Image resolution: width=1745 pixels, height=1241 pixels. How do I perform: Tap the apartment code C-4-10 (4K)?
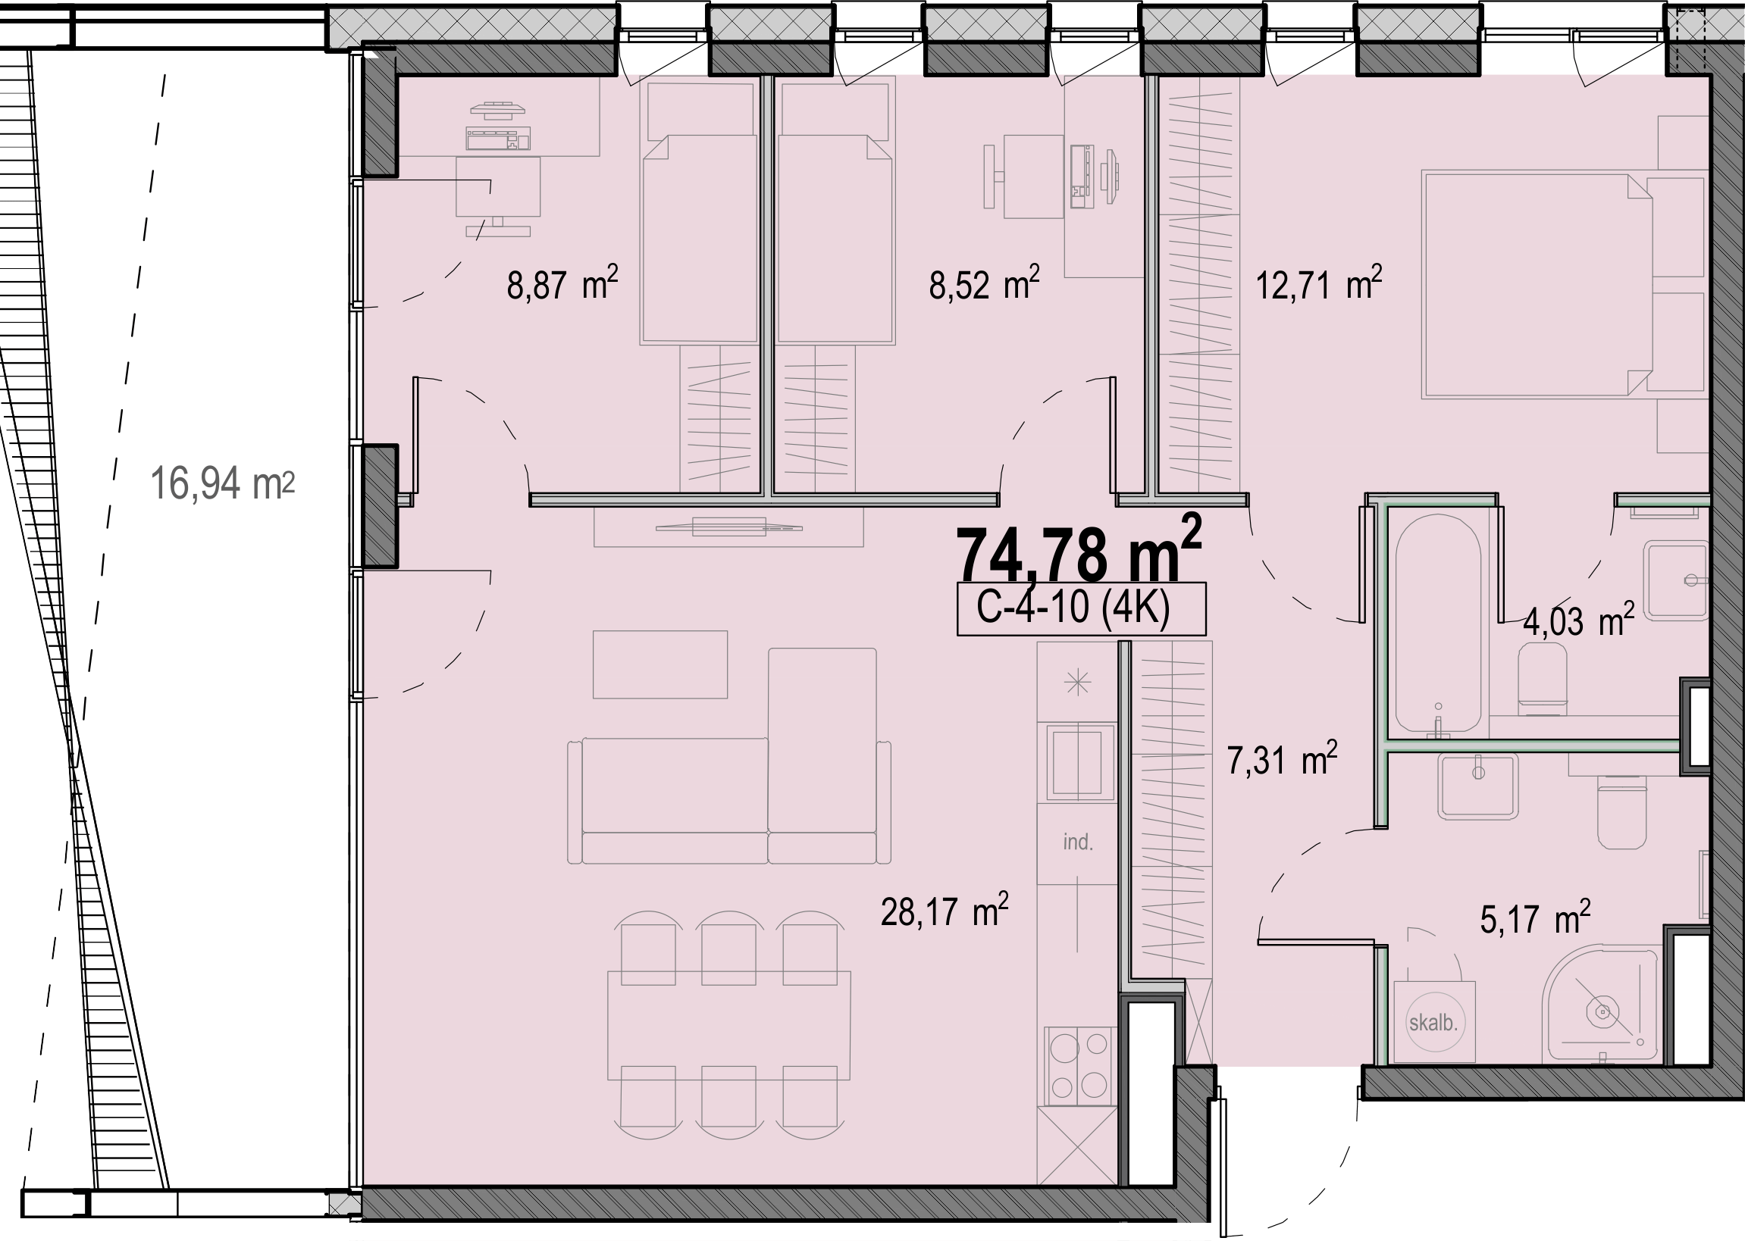coord(1073,608)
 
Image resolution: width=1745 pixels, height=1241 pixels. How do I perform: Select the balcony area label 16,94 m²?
coord(222,483)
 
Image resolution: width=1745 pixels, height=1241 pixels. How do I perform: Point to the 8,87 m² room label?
coord(562,283)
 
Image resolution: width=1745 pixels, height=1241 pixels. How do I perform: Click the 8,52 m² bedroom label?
coord(985,283)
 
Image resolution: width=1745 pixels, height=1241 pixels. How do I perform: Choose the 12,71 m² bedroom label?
coord(1318,283)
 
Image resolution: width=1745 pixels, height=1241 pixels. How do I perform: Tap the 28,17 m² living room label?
coord(944,910)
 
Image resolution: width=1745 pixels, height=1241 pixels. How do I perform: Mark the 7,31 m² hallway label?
coord(1282,760)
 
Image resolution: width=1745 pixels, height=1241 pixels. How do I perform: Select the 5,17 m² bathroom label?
coord(1535,917)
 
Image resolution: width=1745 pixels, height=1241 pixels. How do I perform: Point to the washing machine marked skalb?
coord(1434,1022)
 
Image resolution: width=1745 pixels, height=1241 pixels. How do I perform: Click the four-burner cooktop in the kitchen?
coord(1077,1065)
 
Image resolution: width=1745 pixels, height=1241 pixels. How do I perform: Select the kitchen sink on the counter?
coord(1077,763)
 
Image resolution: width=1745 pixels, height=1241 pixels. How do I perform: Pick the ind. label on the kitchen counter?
coord(1078,842)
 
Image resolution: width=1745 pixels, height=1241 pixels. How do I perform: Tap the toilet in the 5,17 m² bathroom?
coord(1621,811)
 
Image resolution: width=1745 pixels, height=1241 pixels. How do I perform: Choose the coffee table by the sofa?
coord(659,664)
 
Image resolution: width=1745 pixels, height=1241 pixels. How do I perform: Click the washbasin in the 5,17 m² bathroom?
coord(1477,786)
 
